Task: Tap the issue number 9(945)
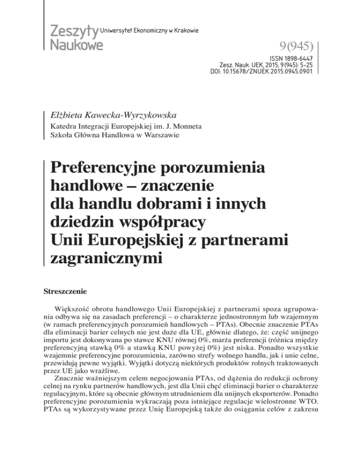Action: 292,47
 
